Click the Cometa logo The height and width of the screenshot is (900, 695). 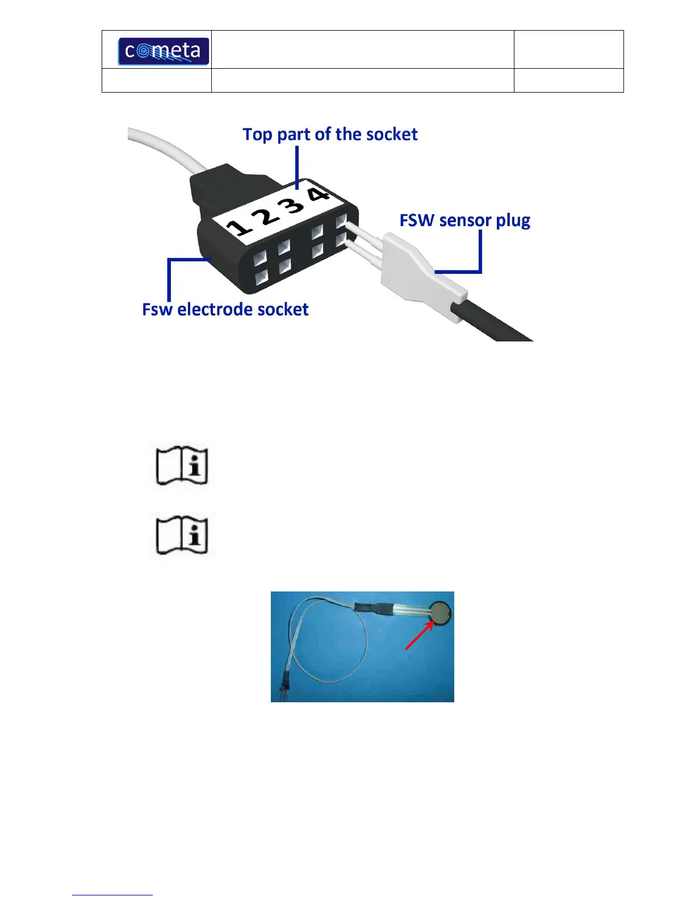[x=163, y=51]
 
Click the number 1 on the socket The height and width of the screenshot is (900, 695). [x=239, y=227]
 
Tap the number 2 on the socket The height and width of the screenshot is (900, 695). [x=267, y=215]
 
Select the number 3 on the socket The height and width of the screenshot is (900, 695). [x=294, y=203]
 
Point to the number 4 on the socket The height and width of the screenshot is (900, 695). [x=319, y=193]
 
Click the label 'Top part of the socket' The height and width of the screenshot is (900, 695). [x=330, y=135]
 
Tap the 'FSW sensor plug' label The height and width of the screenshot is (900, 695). [x=464, y=220]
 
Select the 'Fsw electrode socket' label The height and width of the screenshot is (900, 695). [x=225, y=310]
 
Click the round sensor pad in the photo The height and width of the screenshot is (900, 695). [x=441, y=613]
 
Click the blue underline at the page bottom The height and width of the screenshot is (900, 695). [x=112, y=895]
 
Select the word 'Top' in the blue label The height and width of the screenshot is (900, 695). [x=257, y=135]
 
